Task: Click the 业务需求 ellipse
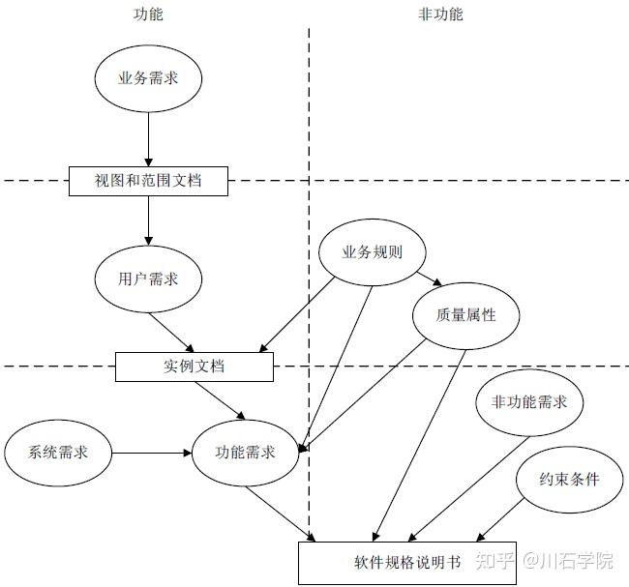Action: tap(147, 78)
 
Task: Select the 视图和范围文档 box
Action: tap(149, 180)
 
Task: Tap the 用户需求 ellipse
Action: tap(149, 279)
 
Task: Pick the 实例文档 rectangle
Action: tap(195, 367)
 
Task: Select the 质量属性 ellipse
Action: tap(466, 315)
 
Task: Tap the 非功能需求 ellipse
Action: tap(529, 402)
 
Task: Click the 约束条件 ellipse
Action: tap(570, 479)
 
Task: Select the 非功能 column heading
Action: tap(440, 14)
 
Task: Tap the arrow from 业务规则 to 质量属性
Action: tap(426, 279)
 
